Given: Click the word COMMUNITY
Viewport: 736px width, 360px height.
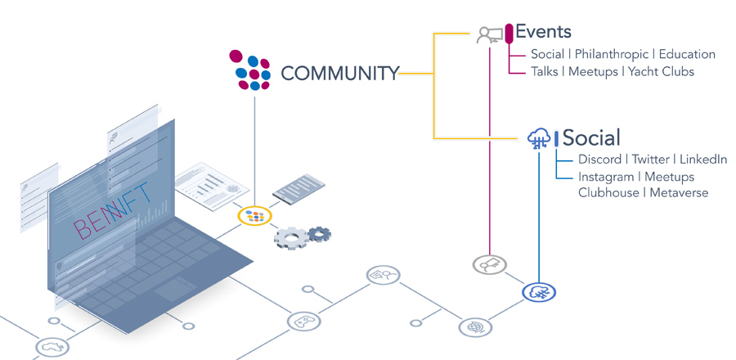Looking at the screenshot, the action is click(340, 74).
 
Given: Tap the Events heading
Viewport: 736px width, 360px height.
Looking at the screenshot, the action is click(543, 32).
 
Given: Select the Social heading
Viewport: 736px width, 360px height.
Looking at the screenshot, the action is click(591, 137).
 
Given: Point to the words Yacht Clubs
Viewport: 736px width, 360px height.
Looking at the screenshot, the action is click(661, 71).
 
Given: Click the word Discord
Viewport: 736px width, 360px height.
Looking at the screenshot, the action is click(599, 160).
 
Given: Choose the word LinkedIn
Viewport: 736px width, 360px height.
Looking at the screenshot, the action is click(703, 160).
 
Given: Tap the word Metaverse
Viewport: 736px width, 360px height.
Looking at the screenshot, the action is click(679, 192).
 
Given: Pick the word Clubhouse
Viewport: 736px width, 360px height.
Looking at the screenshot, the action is click(608, 192).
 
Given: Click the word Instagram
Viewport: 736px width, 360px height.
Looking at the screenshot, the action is click(605, 178).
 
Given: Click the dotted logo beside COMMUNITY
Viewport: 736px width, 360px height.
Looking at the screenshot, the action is click(250, 70).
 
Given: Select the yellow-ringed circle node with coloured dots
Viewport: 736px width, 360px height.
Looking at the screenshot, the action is click(255, 216).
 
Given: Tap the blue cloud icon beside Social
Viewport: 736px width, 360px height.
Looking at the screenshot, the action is click(539, 138).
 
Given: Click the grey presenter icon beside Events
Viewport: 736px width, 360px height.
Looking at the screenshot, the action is click(490, 35).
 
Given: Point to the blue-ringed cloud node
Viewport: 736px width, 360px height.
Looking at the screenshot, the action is click(539, 292).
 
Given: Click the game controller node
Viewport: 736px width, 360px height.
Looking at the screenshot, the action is click(303, 322).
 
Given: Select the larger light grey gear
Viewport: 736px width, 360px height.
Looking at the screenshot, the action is click(291, 237).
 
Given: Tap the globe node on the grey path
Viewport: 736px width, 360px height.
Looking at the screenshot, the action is click(475, 326).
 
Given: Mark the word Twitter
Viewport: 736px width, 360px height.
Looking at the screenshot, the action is click(651, 160).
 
